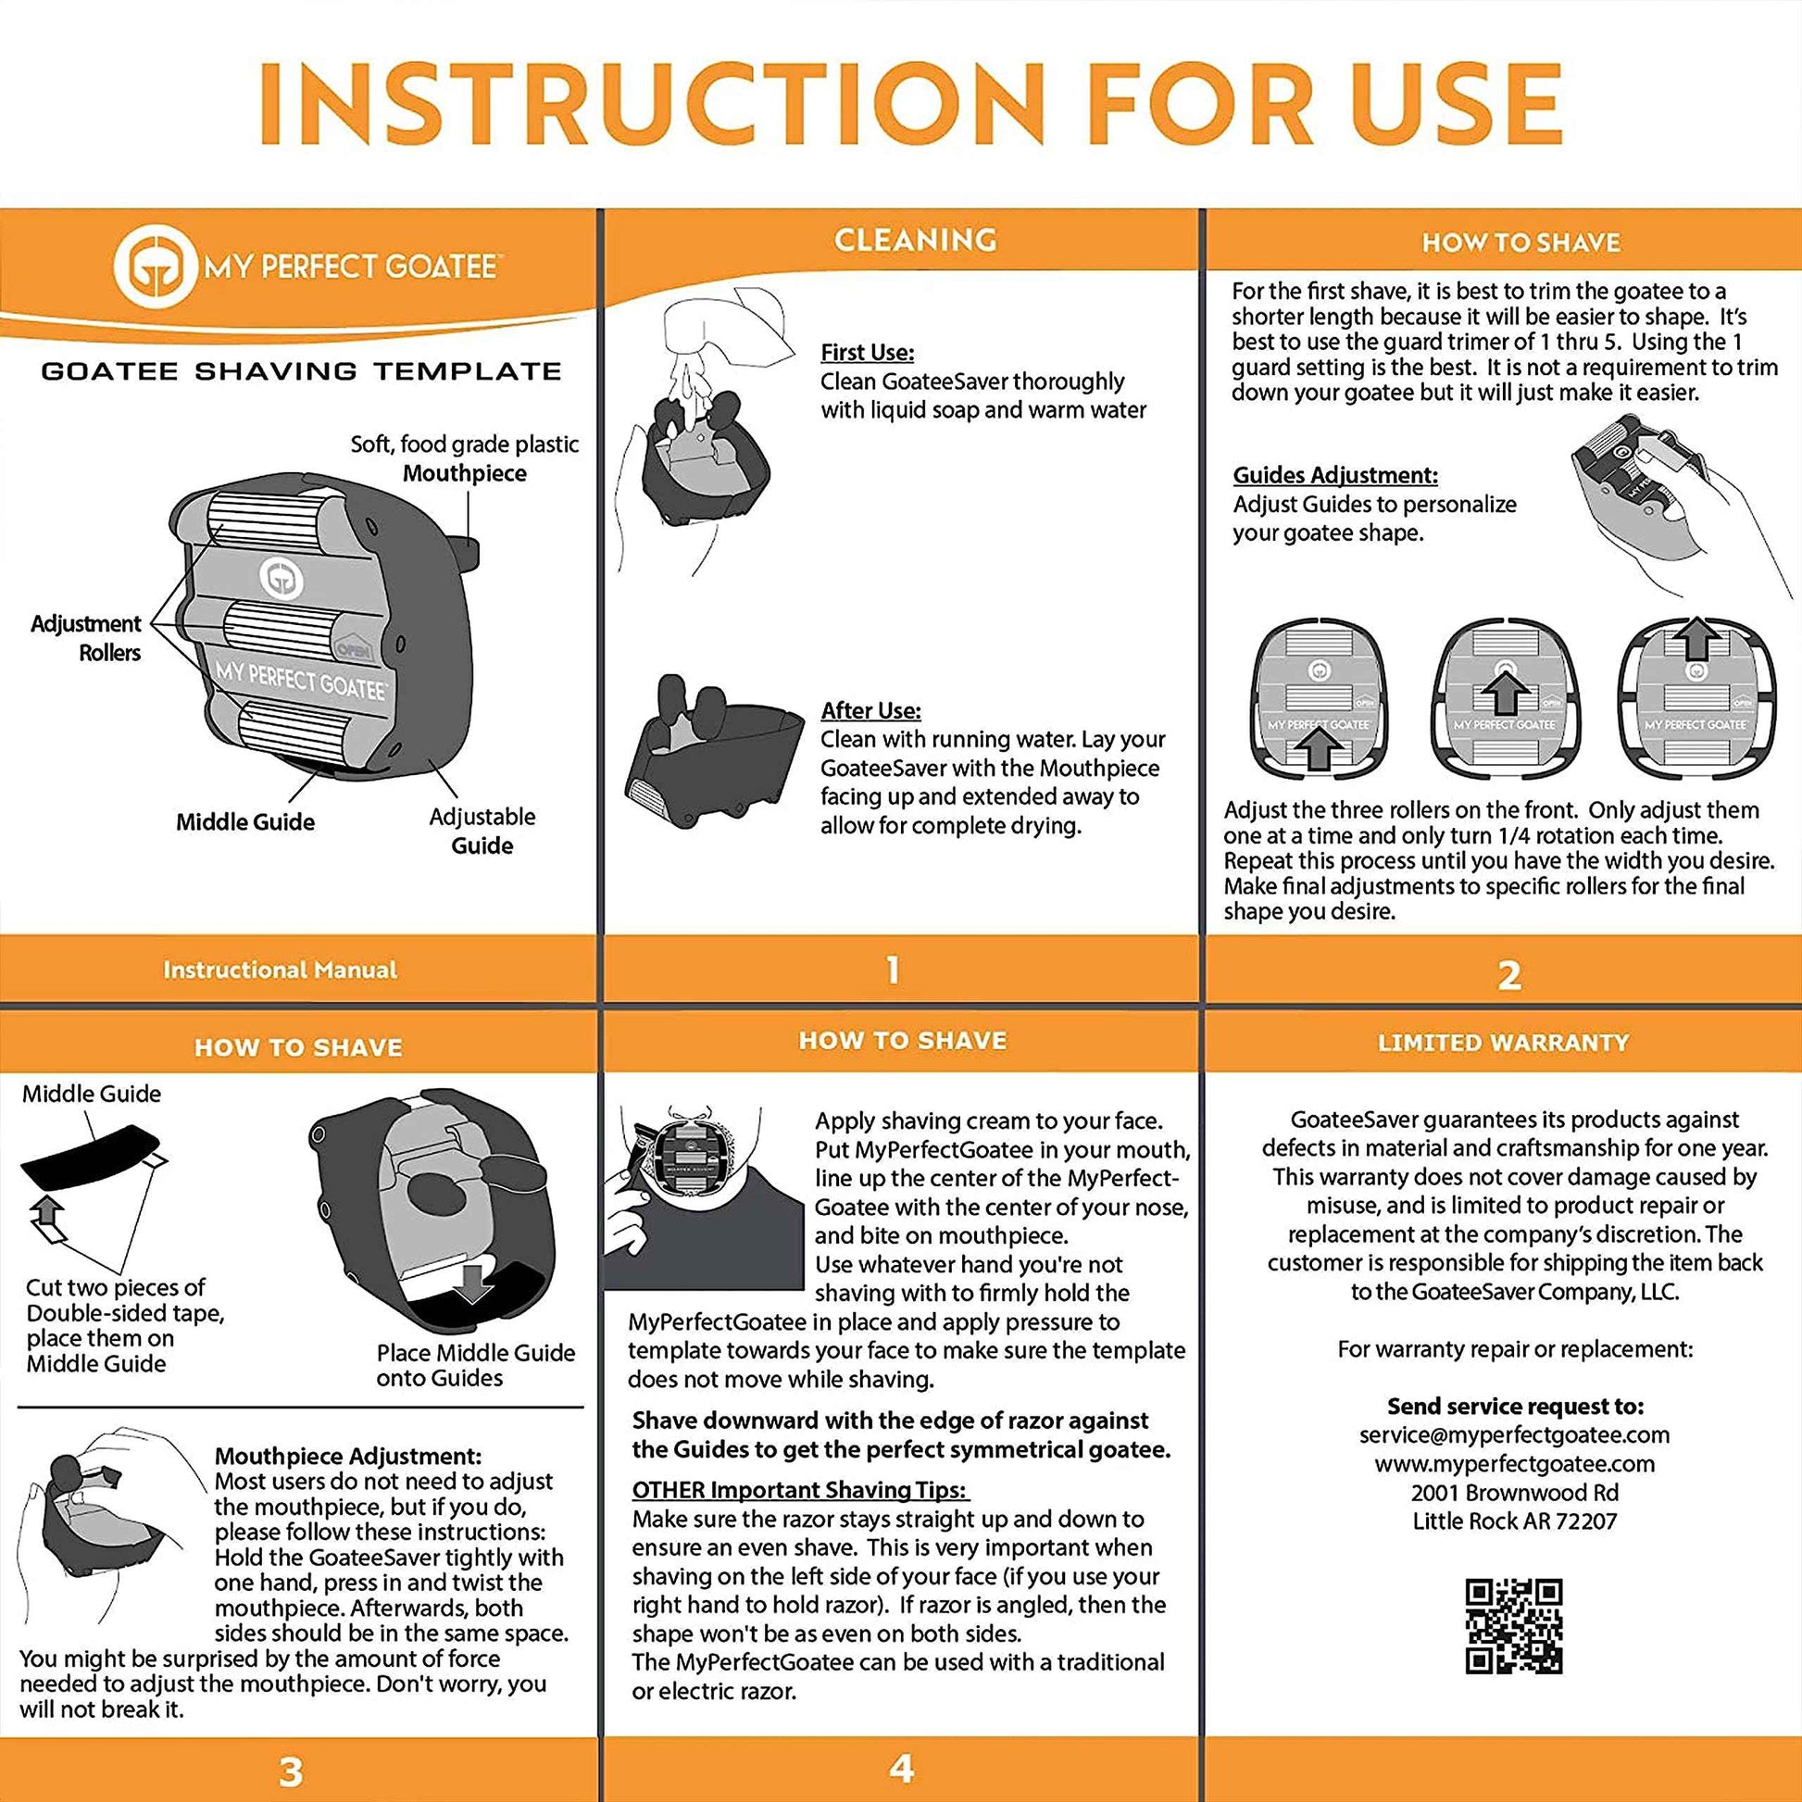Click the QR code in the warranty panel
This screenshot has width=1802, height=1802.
click(x=1514, y=1626)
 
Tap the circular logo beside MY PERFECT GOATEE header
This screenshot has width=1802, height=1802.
click(x=155, y=267)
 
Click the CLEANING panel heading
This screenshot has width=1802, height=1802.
click(x=915, y=240)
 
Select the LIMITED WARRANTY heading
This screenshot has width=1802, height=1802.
click(x=1503, y=1043)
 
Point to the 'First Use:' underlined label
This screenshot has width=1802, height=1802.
click(x=867, y=353)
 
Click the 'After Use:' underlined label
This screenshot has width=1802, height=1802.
click(x=870, y=710)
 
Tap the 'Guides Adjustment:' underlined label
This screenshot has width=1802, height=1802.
click(x=1334, y=475)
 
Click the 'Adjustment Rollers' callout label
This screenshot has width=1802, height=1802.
click(x=86, y=638)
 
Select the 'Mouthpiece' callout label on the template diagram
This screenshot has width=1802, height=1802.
click(x=465, y=473)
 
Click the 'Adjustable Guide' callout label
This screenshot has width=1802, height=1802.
click(x=482, y=830)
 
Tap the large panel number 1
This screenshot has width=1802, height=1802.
click(x=893, y=970)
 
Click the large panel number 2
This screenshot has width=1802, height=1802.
click(x=1509, y=976)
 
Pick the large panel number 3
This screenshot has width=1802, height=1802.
click(x=291, y=1771)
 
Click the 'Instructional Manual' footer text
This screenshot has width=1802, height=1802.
click(x=280, y=970)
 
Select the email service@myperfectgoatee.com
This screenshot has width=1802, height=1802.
click(x=1514, y=1434)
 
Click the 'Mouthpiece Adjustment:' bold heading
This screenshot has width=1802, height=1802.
click(x=347, y=1456)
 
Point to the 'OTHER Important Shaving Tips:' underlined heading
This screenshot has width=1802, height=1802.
click(x=800, y=1490)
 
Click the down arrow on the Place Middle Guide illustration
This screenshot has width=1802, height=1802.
click(x=477, y=1283)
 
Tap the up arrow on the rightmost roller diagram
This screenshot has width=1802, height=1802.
click(x=1696, y=640)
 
